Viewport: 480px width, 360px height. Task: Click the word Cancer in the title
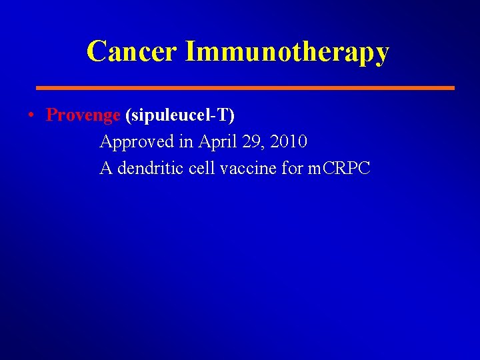click(x=132, y=51)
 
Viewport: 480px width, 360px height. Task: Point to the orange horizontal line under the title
click(x=245, y=87)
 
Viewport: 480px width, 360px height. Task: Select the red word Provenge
click(x=83, y=115)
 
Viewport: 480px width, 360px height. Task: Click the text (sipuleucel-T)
click(x=180, y=115)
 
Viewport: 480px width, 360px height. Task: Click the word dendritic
click(x=151, y=169)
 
